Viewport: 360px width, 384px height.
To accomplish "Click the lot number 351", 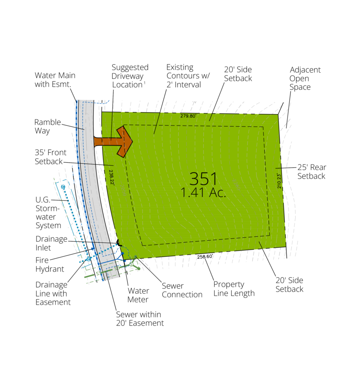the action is pyautogui.click(x=203, y=178).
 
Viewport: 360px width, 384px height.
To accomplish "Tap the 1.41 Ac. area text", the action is pyautogui.click(x=203, y=193).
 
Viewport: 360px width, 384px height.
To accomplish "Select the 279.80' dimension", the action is pyautogui.click(x=188, y=116).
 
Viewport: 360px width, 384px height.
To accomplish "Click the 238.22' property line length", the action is pyautogui.click(x=111, y=177).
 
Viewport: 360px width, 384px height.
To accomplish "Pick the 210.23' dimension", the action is pyautogui.click(x=279, y=181).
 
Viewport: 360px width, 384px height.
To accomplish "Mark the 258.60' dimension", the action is pyautogui.click(x=205, y=256).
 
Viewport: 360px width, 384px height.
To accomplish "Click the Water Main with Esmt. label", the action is pyautogui.click(x=55, y=80).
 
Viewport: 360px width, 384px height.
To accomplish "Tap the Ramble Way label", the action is pyautogui.click(x=48, y=126).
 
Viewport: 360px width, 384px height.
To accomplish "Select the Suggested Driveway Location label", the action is pyautogui.click(x=130, y=76).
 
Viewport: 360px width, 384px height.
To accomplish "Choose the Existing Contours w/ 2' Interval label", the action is pyautogui.click(x=188, y=76).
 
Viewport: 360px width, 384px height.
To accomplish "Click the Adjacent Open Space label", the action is pyautogui.click(x=305, y=79).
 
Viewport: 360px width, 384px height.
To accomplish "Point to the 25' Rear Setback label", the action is pyautogui.click(x=312, y=172).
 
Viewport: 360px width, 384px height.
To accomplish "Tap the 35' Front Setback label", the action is pyautogui.click(x=51, y=157).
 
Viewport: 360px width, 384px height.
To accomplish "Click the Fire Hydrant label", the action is pyautogui.click(x=49, y=265).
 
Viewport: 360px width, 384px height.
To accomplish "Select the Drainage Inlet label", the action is pyautogui.click(x=51, y=243).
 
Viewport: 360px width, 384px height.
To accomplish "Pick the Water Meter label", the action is pyautogui.click(x=138, y=295).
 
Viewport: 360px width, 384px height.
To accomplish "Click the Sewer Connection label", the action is pyautogui.click(x=182, y=290).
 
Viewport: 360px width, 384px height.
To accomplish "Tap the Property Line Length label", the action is pyautogui.click(x=234, y=289).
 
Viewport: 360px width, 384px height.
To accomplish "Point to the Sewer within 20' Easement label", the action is pyautogui.click(x=140, y=318).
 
